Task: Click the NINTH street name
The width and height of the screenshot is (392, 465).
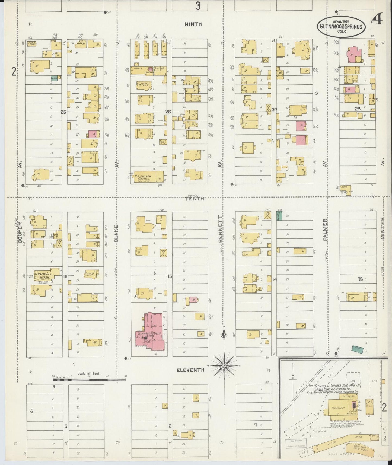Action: point(193,24)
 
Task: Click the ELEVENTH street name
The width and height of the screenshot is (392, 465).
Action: point(190,370)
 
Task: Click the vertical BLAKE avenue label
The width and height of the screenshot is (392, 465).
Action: point(116,234)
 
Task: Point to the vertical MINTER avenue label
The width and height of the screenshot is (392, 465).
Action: point(382,228)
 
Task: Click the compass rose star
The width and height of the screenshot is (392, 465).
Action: point(224,366)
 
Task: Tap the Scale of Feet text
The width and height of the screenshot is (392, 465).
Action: point(89,373)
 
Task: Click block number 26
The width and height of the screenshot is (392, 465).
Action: point(168,112)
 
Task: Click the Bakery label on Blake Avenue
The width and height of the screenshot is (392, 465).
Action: point(138,69)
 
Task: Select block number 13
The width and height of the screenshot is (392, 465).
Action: point(360,279)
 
